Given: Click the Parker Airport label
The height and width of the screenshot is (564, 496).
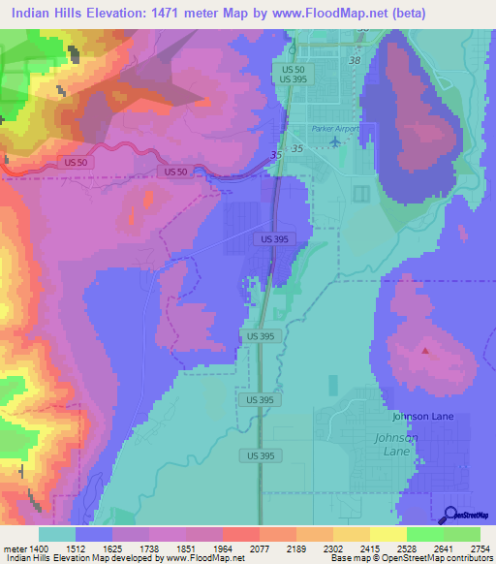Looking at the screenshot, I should coord(334,129).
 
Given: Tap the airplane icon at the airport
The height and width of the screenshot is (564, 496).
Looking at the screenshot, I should coord(335,142).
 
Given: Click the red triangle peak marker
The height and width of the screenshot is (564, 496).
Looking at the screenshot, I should coord(423,351).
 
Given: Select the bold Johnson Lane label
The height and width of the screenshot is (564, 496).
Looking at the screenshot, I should coord(417,417).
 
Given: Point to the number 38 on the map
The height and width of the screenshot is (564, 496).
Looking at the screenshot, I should coord(354,60).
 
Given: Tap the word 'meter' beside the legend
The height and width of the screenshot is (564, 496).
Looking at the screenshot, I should coord(15,549).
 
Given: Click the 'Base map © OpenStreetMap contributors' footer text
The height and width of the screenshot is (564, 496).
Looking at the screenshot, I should coord(411,559).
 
